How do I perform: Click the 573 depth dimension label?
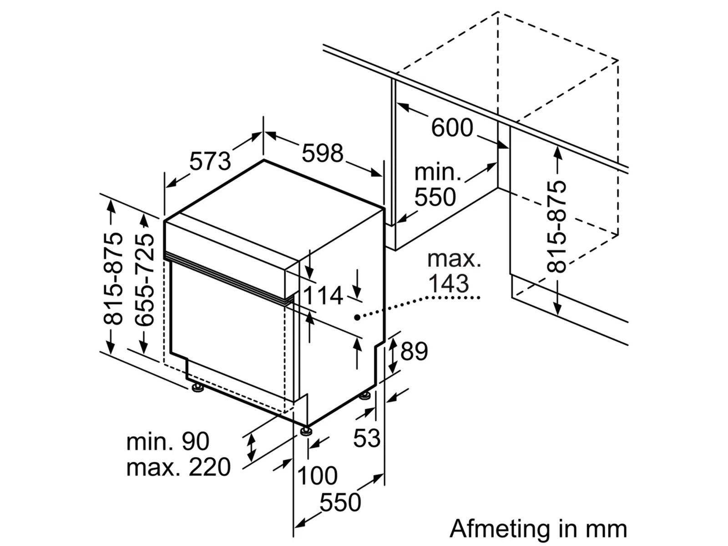(x=210, y=161)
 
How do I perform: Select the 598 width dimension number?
(x=322, y=153)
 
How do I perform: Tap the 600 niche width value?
(x=452, y=128)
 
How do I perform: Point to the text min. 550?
(x=435, y=186)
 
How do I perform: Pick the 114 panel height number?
(x=323, y=296)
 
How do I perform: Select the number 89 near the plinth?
(x=414, y=351)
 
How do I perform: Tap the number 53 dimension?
(x=367, y=438)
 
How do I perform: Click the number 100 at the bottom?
(x=317, y=476)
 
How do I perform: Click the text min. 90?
(x=168, y=441)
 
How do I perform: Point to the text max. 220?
(x=178, y=467)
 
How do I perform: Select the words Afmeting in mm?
(x=538, y=529)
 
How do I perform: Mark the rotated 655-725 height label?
(x=145, y=279)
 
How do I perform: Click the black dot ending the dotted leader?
(x=358, y=317)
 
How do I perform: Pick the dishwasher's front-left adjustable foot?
(x=197, y=388)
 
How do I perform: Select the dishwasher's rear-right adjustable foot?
(x=365, y=396)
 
